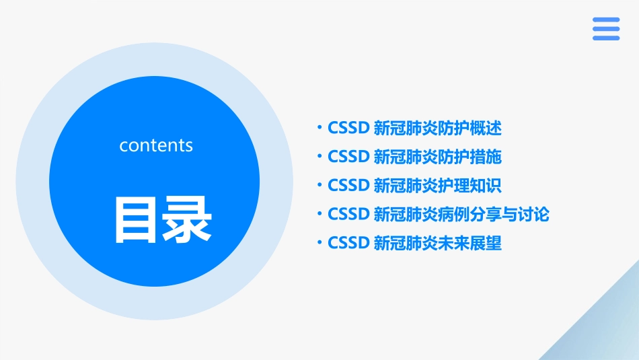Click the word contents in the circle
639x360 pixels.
(x=156, y=145)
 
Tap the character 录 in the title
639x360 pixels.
(x=187, y=219)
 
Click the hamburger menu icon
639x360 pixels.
(x=606, y=29)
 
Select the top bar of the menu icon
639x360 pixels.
(x=606, y=20)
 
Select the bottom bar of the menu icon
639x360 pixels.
(x=606, y=38)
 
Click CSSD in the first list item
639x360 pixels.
(x=348, y=128)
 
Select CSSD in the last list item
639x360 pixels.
(x=348, y=243)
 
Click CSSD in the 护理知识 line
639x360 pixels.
(x=348, y=185)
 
